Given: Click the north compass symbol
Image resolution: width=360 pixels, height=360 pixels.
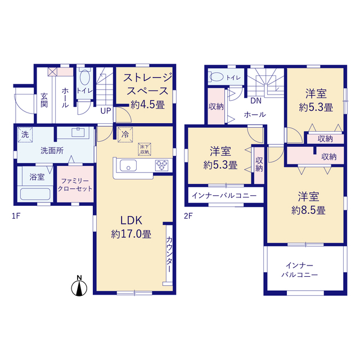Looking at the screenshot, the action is click(x=79, y=286).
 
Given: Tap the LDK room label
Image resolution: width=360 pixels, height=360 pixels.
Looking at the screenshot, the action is click(x=131, y=220).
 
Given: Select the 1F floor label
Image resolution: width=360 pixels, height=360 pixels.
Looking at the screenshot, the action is click(x=16, y=216).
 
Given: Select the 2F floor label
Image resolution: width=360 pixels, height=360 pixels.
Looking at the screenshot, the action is click(x=188, y=216).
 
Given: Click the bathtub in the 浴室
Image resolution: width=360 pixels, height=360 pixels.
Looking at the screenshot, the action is click(x=35, y=194).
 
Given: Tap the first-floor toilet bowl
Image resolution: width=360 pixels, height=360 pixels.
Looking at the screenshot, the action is click(x=84, y=77).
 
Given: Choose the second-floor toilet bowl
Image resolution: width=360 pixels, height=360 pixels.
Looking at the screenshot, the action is click(x=217, y=77).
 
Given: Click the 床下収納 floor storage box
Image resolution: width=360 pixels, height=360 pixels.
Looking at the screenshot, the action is click(x=145, y=149).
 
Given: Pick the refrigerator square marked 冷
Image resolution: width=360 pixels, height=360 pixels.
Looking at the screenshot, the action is click(x=125, y=134).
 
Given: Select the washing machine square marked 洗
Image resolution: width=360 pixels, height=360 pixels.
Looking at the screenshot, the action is click(x=25, y=135).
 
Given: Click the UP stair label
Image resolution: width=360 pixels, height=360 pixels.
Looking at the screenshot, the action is click(x=106, y=111).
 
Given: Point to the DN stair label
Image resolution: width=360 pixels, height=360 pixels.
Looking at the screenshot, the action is click(x=256, y=101).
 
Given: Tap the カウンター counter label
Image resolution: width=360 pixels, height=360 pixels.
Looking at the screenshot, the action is click(x=169, y=254).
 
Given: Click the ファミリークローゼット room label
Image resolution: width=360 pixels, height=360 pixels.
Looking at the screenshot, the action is click(x=75, y=185).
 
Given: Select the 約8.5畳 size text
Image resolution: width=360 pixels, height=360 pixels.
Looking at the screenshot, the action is click(x=309, y=210).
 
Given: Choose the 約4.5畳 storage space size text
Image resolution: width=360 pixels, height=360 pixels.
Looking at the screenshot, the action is click(x=148, y=105).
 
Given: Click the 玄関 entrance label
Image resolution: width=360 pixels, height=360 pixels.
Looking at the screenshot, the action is click(x=44, y=100).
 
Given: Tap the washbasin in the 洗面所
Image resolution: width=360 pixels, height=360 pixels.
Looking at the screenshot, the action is click(x=78, y=133).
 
